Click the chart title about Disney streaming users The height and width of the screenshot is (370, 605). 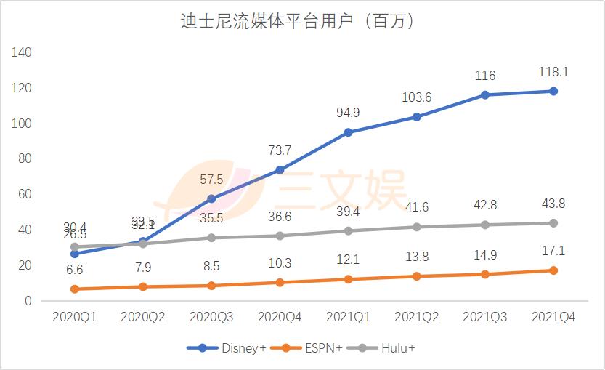[x=298, y=22]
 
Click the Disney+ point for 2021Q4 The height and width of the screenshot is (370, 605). [x=553, y=91]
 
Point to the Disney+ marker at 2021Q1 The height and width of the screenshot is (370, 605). [x=349, y=132]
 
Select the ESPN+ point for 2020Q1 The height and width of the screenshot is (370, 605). [x=75, y=289]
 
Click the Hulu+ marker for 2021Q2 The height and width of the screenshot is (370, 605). [x=417, y=227]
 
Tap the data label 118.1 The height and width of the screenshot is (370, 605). [x=553, y=72]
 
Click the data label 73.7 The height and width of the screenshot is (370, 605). [x=280, y=150]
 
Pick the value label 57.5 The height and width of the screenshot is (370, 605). [x=211, y=180]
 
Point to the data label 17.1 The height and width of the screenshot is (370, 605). [x=553, y=251]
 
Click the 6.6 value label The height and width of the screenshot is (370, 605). [x=75, y=270]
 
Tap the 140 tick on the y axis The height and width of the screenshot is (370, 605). [x=22, y=52]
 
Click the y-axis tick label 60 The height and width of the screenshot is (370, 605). [x=25, y=194]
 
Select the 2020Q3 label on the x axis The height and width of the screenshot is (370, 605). [x=211, y=318]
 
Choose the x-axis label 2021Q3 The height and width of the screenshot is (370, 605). [x=485, y=318]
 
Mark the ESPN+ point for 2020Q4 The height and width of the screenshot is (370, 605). [x=280, y=282]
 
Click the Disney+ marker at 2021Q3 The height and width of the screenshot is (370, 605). [x=485, y=94]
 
